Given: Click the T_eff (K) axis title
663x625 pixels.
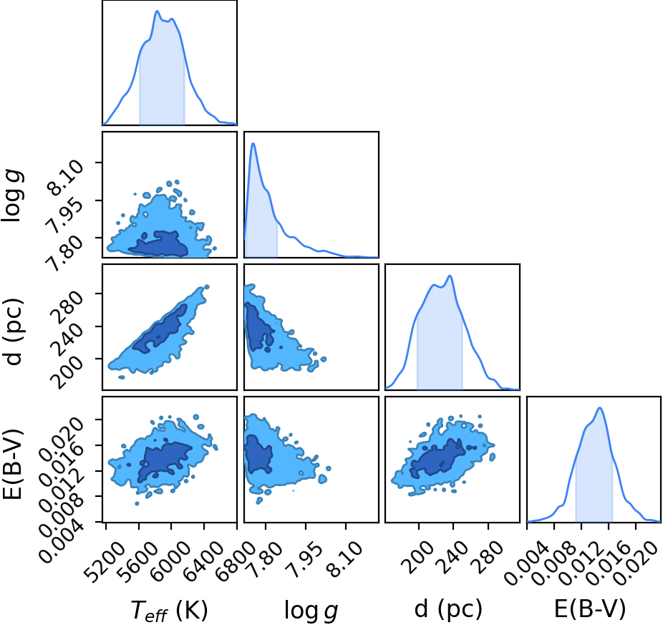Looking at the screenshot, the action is (169, 611).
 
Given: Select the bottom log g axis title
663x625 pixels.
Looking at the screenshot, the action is (311, 611).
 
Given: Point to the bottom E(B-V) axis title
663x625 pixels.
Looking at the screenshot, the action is (589, 609).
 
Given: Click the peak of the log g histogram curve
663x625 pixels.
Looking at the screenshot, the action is (253, 143).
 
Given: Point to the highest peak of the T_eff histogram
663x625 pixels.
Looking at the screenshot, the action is (157, 11).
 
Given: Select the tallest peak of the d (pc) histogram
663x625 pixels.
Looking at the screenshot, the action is (450, 276).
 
